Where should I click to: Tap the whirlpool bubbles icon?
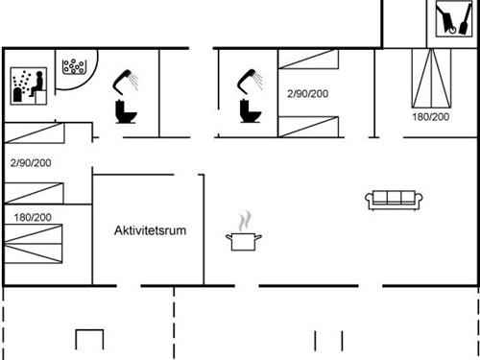pos(74,66)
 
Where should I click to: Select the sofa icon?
pos(395,200)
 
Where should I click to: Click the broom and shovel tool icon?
pos(447,18)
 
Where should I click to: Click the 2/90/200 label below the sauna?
pos(33,163)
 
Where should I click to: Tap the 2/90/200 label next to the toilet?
pos(307,94)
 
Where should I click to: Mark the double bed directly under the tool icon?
pos(430,79)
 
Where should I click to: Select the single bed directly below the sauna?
pos(46,134)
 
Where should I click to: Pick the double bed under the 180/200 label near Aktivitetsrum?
pos(46,248)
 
